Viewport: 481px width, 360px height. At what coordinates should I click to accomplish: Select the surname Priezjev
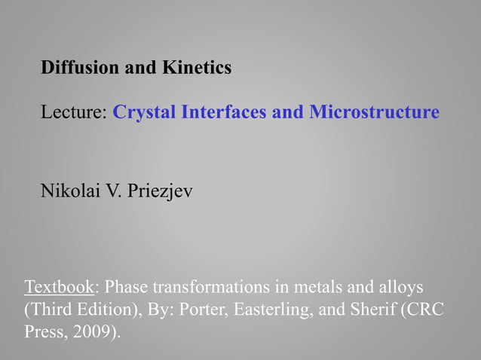click(x=161, y=191)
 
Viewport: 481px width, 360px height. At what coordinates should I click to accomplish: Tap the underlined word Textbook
click(x=60, y=288)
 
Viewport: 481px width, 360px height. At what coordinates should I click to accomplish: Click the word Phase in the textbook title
click(x=126, y=288)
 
